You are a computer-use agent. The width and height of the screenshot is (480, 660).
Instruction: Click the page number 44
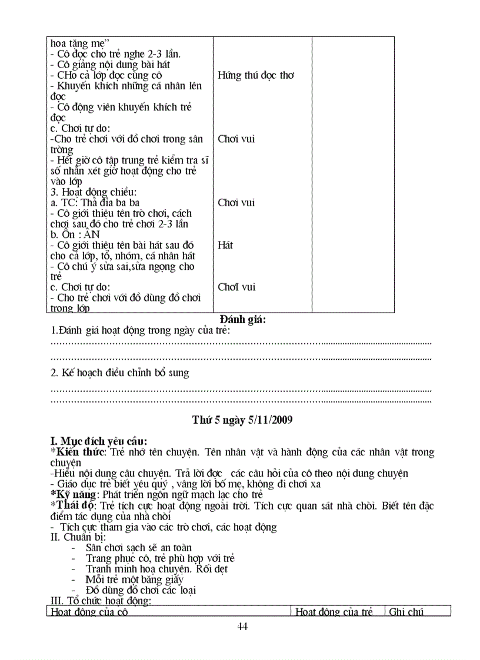[242, 627]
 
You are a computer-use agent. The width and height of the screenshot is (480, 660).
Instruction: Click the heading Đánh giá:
[243, 320]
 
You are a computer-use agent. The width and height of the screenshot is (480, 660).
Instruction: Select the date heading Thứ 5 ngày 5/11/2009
[242, 420]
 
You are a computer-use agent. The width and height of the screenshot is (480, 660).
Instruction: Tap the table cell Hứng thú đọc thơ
[256, 75]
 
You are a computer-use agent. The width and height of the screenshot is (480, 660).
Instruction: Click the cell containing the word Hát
[225, 245]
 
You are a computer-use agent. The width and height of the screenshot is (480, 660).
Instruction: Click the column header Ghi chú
[406, 612]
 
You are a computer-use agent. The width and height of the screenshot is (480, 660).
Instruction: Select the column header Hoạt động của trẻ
[334, 612]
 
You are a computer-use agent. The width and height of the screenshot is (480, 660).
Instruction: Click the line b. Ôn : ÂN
[75, 234]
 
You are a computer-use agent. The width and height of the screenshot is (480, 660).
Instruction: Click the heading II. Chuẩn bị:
[78, 537]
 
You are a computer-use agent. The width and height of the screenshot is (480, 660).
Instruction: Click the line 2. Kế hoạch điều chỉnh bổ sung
[120, 373]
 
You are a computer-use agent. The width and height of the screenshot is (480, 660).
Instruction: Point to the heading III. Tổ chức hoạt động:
[101, 601]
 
